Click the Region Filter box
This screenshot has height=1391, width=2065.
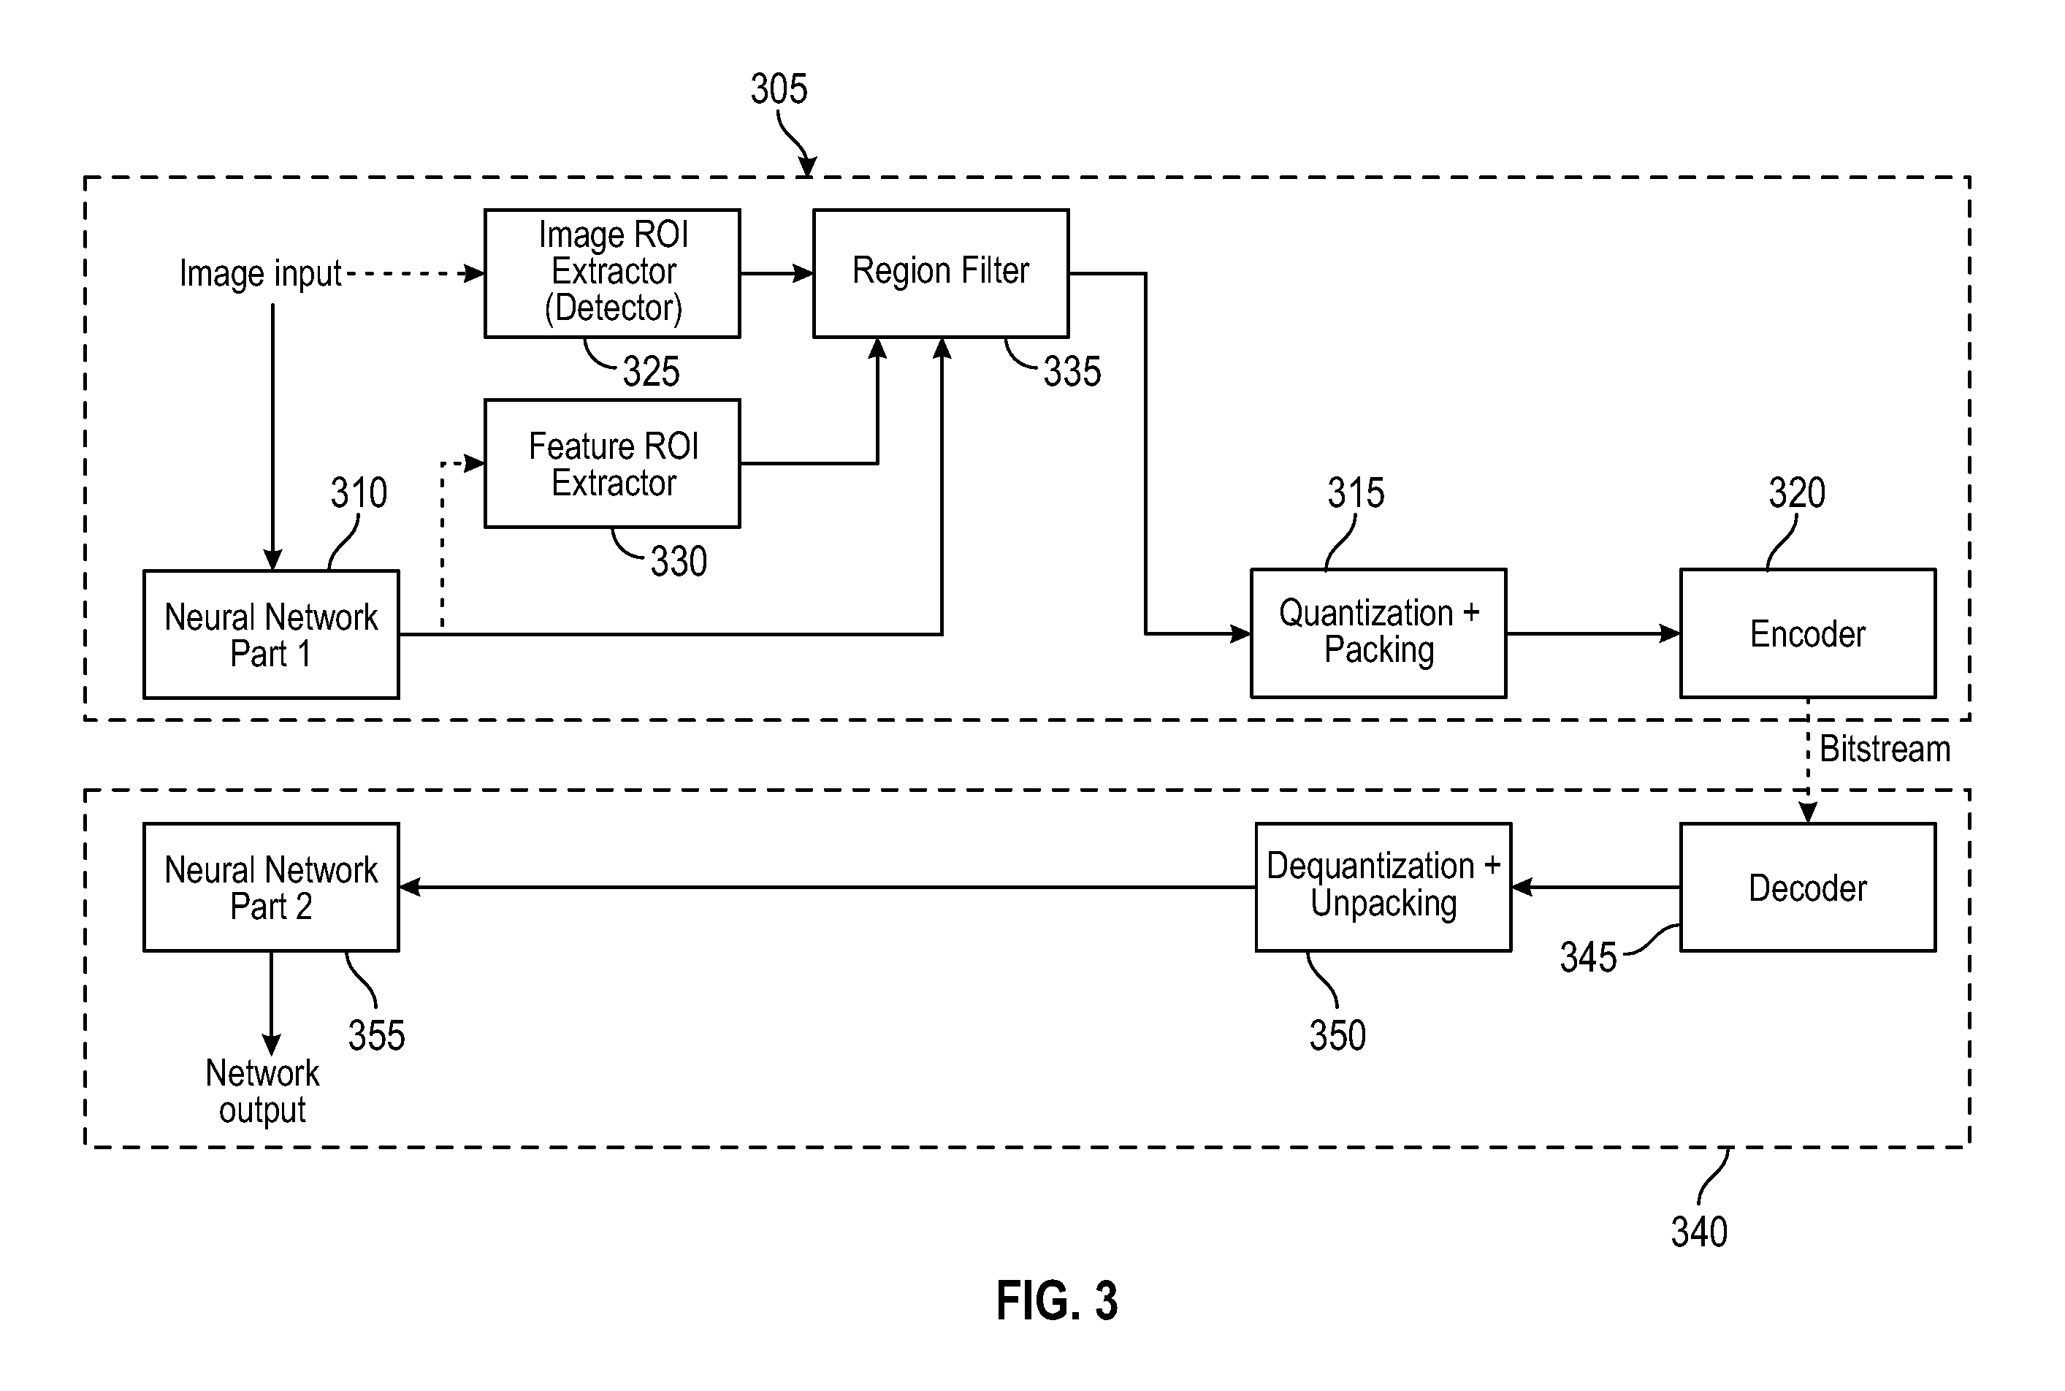(940, 273)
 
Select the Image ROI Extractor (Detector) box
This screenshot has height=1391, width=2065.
(612, 273)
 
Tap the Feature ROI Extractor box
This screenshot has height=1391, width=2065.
(612, 463)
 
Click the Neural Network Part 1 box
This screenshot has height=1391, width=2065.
(270, 634)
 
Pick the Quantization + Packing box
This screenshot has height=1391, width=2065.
(1378, 633)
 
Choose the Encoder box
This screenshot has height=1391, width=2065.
(1807, 633)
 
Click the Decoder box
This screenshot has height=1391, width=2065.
(1807, 887)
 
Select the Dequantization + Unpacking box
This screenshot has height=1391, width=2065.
(1383, 887)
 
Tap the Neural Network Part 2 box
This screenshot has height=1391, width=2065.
(270, 887)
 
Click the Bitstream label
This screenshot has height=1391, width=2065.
(1884, 750)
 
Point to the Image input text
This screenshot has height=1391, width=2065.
(260, 273)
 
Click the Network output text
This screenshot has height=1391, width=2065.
(262, 1091)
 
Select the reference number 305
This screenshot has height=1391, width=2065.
(779, 88)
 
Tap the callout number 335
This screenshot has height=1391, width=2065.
(1072, 371)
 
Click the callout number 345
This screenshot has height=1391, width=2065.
(1588, 957)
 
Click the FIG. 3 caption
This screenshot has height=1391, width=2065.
(1056, 1300)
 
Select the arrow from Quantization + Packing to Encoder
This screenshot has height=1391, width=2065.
(1592, 633)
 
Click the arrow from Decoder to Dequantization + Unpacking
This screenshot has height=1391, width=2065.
(1595, 887)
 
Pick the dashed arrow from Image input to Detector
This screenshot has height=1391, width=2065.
(413, 273)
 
